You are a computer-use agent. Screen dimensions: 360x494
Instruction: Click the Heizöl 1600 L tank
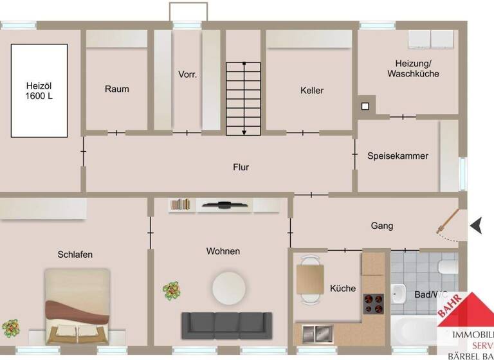[x=39, y=90]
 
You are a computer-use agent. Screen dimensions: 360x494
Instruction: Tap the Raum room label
[x=117, y=89]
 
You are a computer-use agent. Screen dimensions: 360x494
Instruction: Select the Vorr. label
[x=187, y=75]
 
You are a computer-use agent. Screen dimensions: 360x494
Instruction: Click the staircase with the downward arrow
[x=243, y=98]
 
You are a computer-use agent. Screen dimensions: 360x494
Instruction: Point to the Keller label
[x=312, y=91]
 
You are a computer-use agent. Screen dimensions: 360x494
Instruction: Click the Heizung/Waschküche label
[x=413, y=69]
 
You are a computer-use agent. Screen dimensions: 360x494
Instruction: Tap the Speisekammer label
[x=398, y=156]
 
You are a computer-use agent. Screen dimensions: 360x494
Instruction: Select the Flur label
[x=241, y=167]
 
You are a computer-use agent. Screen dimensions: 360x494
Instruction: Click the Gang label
[x=381, y=226]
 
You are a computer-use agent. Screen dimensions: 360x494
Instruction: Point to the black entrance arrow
[x=477, y=226]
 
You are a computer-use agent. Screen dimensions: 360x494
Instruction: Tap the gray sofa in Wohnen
[x=223, y=325]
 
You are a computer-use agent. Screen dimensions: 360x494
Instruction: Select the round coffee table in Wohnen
[x=230, y=285]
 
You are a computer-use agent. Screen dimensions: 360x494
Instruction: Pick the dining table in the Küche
[x=309, y=279]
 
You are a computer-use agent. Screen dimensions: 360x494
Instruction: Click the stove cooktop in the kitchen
[x=374, y=302]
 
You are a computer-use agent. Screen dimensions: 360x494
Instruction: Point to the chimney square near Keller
[x=365, y=106]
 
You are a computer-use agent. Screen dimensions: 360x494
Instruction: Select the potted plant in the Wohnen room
[x=171, y=291]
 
